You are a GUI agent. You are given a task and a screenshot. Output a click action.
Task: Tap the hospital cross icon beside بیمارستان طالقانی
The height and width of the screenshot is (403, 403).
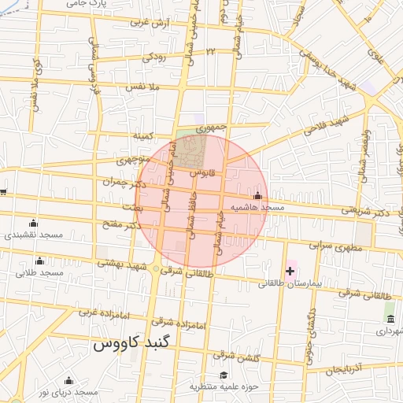(x=290, y=272)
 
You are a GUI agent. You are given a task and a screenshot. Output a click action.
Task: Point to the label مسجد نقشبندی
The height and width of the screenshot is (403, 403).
(x=33, y=235)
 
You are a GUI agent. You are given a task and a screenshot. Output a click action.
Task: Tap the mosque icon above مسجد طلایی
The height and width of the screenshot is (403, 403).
(x=40, y=261)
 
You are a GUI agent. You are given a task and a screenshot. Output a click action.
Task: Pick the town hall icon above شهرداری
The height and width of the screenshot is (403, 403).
(x=390, y=319)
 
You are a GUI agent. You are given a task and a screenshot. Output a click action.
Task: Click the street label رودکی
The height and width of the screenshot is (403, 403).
(x=153, y=57)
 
